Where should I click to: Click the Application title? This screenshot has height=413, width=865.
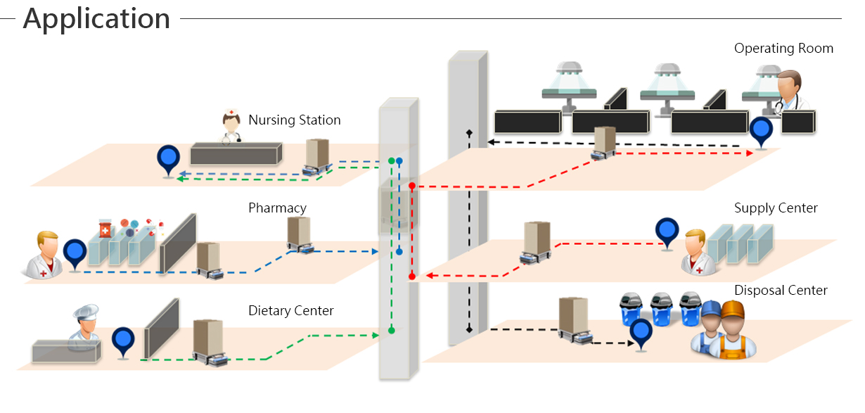(x=96, y=19)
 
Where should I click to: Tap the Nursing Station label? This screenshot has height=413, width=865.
(x=294, y=120)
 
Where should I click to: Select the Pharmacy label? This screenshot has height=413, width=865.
(x=277, y=208)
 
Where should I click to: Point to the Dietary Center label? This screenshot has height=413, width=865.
(x=290, y=311)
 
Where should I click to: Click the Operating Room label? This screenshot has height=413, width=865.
(x=783, y=49)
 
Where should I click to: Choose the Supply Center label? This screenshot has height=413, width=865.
(x=776, y=208)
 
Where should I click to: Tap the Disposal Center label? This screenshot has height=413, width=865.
(x=781, y=291)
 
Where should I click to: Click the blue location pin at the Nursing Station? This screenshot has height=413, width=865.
(x=168, y=160)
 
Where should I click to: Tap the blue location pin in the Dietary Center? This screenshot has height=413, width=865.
(x=123, y=341)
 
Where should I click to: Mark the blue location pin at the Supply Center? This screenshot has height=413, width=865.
(x=667, y=231)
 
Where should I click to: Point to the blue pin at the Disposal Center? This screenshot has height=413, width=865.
(x=641, y=333)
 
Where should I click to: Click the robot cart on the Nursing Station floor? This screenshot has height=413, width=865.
(x=318, y=157)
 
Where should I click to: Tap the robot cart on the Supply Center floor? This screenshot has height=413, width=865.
(x=537, y=243)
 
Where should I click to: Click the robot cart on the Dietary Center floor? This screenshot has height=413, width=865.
(x=208, y=343)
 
